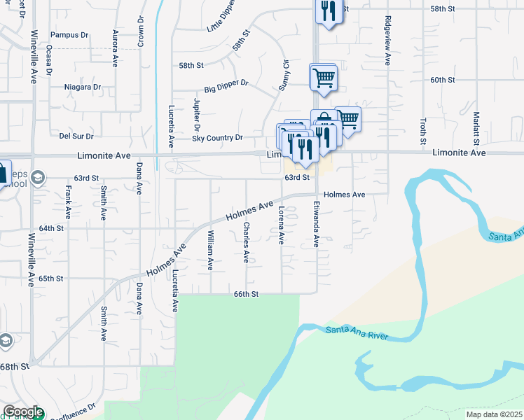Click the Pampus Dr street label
coord(69,34)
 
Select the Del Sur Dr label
coord(76,136)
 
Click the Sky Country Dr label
coord(217,138)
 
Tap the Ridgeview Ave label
coord(386,41)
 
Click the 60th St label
coord(443,80)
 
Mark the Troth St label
coord(423,132)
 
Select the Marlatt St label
coord(475,126)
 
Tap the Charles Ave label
coord(245,243)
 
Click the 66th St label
coord(247,295)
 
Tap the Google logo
coord(22,412)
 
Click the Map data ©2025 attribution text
coord(493,414)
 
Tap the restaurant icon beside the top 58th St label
coord(327,10)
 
